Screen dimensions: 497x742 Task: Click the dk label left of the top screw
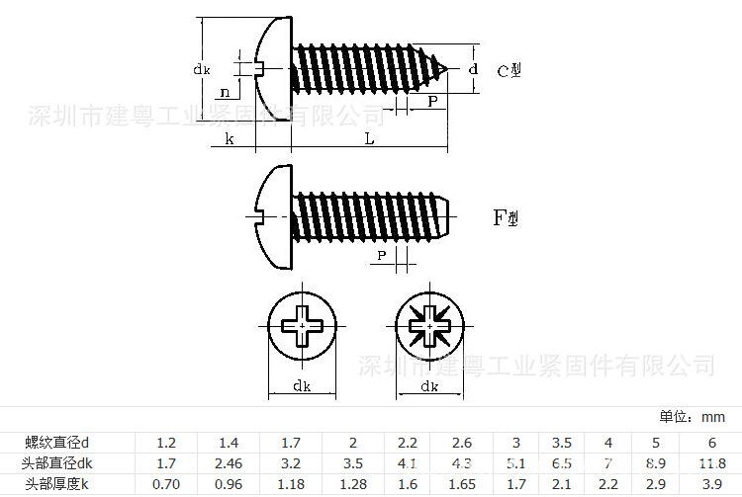(201, 68)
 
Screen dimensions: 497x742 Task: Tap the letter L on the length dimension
(369, 139)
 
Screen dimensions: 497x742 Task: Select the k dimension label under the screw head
(229, 139)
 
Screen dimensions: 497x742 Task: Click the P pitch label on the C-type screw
(432, 102)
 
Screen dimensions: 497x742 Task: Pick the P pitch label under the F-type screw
(382, 256)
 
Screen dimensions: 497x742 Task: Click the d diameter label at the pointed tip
(473, 69)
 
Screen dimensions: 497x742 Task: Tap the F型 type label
(506, 218)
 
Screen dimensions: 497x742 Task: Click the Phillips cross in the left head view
(301, 325)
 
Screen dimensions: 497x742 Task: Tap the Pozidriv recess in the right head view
(429, 325)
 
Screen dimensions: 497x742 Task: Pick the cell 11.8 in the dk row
(710, 462)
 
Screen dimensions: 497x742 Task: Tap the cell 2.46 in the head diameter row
(230, 462)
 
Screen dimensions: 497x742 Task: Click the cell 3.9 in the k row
(710, 483)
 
